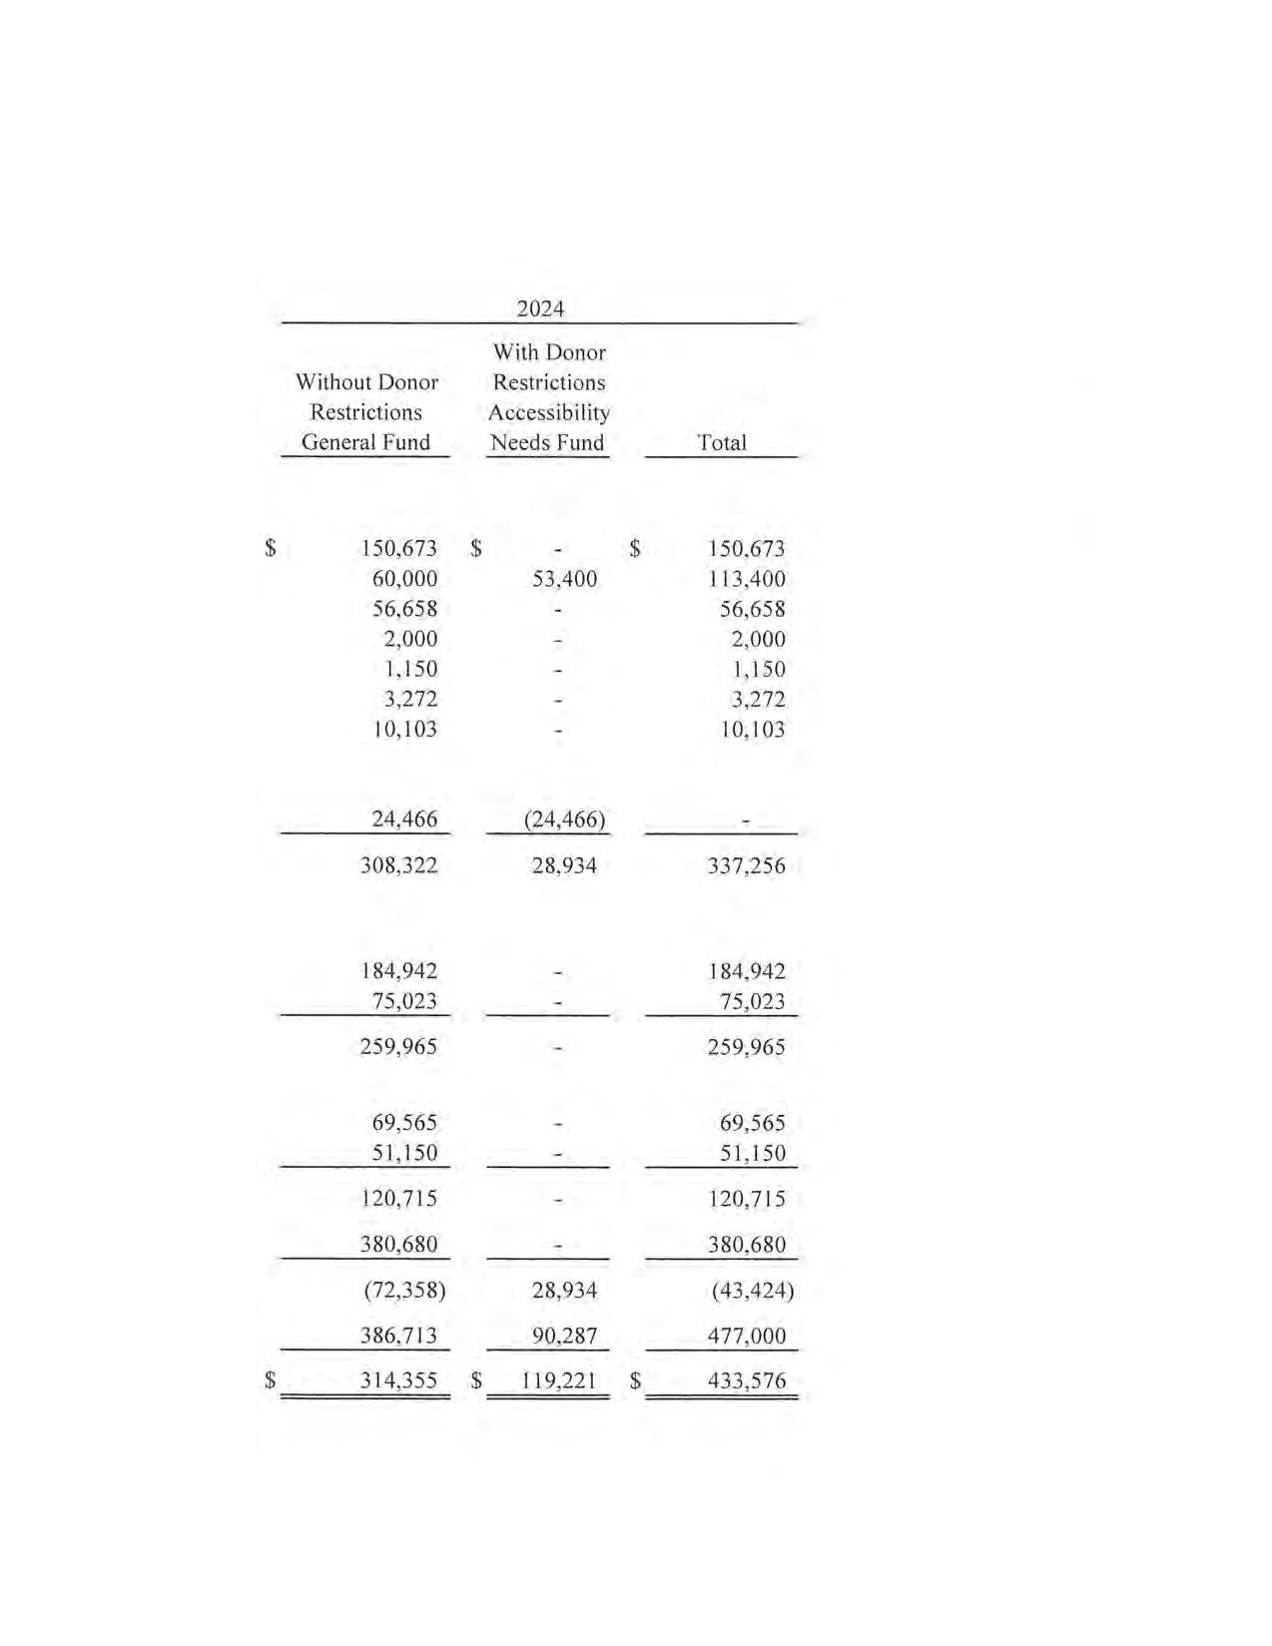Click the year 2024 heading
(540, 308)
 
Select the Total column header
(721, 442)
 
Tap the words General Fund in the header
(365, 442)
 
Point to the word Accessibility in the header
(548, 412)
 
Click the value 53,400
(564, 579)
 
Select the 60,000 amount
(404, 579)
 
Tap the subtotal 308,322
(398, 865)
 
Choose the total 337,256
(746, 865)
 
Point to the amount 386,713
(398, 1336)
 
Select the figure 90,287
(564, 1336)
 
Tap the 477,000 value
(746, 1336)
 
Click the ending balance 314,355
(398, 1380)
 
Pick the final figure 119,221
(558, 1380)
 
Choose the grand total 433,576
(746, 1380)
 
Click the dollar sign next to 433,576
(635, 1380)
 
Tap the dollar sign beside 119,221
(476, 1380)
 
